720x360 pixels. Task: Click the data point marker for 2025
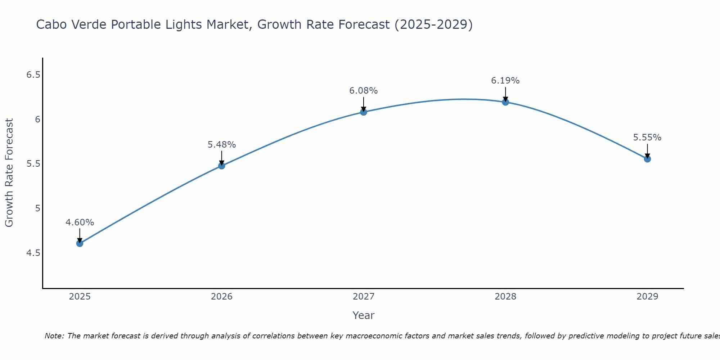(80, 243)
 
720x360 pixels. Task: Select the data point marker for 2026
(221, 166)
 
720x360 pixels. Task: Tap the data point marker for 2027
(364, 112)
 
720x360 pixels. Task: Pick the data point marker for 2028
(505, 102)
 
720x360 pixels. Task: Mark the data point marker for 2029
(647, 159)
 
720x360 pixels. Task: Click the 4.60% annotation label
(80, 222)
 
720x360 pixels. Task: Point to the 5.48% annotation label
(221, 145)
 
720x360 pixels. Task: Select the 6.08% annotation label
(364, 91)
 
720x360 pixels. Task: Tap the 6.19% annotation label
(505, 81)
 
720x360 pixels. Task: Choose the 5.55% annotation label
(647, 138)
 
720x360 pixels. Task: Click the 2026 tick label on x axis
(221, 297)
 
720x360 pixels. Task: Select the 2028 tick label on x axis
(505, 297)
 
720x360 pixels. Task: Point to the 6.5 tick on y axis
(33, 75)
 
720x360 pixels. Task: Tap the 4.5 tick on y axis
(33, 253)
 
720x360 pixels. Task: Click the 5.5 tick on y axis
(33, 164)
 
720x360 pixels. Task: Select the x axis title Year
(364, 315)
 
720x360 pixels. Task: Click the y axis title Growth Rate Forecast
(9, 173)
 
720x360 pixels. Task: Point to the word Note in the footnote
(54, 336)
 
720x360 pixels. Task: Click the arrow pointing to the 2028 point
(505, 94)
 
